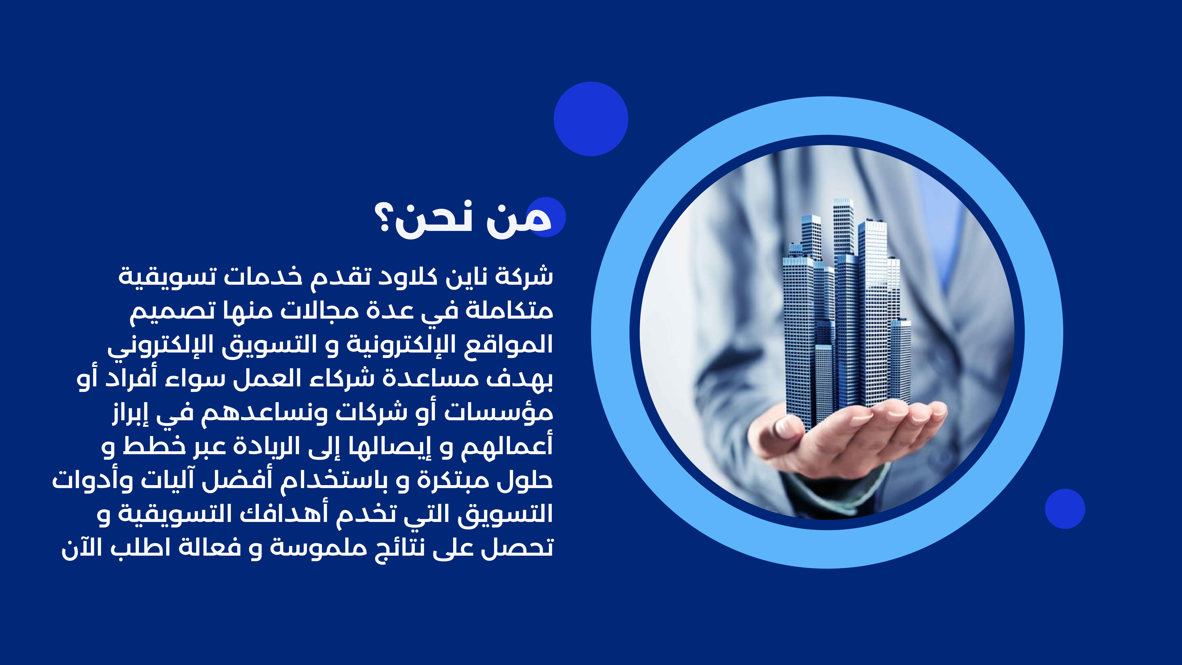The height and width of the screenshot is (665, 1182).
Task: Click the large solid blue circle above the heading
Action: pyautogui.click(x=591, y=119)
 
